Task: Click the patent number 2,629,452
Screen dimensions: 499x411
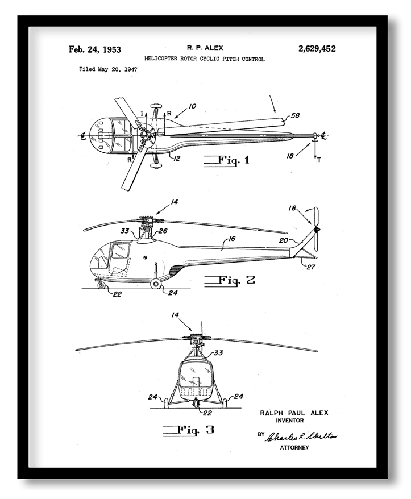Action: coord(317,49)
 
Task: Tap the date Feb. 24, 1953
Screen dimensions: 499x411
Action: coord(95,49)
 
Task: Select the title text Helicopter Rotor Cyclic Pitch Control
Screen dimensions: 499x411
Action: coord(204,59)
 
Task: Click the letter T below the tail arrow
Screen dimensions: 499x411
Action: coord(319,160)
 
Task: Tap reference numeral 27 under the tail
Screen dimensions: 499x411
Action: coord(312,267)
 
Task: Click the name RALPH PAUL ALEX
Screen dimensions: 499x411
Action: coord(294,413)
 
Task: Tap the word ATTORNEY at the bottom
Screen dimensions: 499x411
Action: coord(294,448)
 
